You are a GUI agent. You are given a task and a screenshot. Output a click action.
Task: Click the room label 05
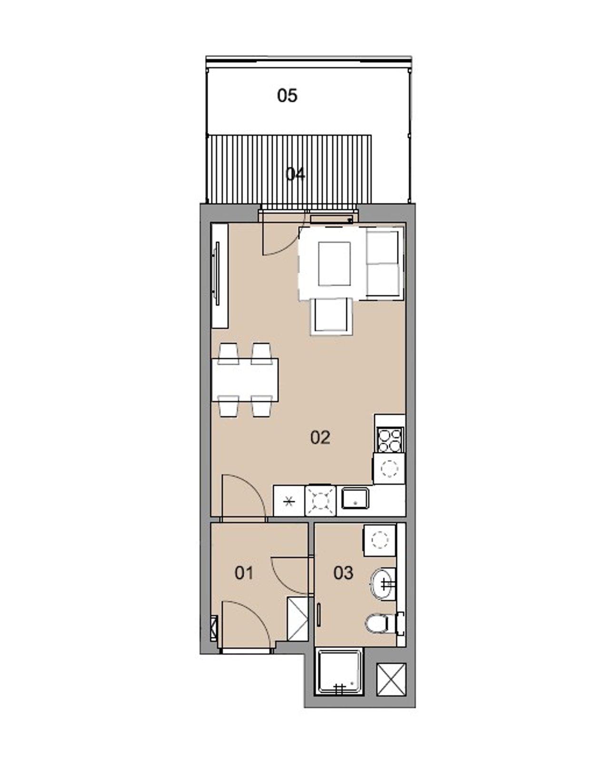(287, 96)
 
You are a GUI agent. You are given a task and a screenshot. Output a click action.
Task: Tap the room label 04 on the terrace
(295, 174)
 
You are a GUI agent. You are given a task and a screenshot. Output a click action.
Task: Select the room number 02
(320, 437)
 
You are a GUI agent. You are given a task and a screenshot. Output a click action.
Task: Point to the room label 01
(244, 572)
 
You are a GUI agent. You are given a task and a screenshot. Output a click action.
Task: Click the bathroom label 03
(343, 572)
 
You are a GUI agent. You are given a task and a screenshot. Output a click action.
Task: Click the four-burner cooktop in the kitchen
(390, 440)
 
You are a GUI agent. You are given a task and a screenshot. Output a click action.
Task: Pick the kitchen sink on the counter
(355, 499)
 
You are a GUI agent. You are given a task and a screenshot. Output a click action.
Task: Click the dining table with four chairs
(245, 380)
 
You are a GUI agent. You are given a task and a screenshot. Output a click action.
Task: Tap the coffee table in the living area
(334, 263)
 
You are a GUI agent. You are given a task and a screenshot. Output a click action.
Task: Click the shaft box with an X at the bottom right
(391, 679)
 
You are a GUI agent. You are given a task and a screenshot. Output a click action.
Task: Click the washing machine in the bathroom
(379, 540)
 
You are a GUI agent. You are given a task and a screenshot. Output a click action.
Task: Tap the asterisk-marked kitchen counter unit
(288, 501)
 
